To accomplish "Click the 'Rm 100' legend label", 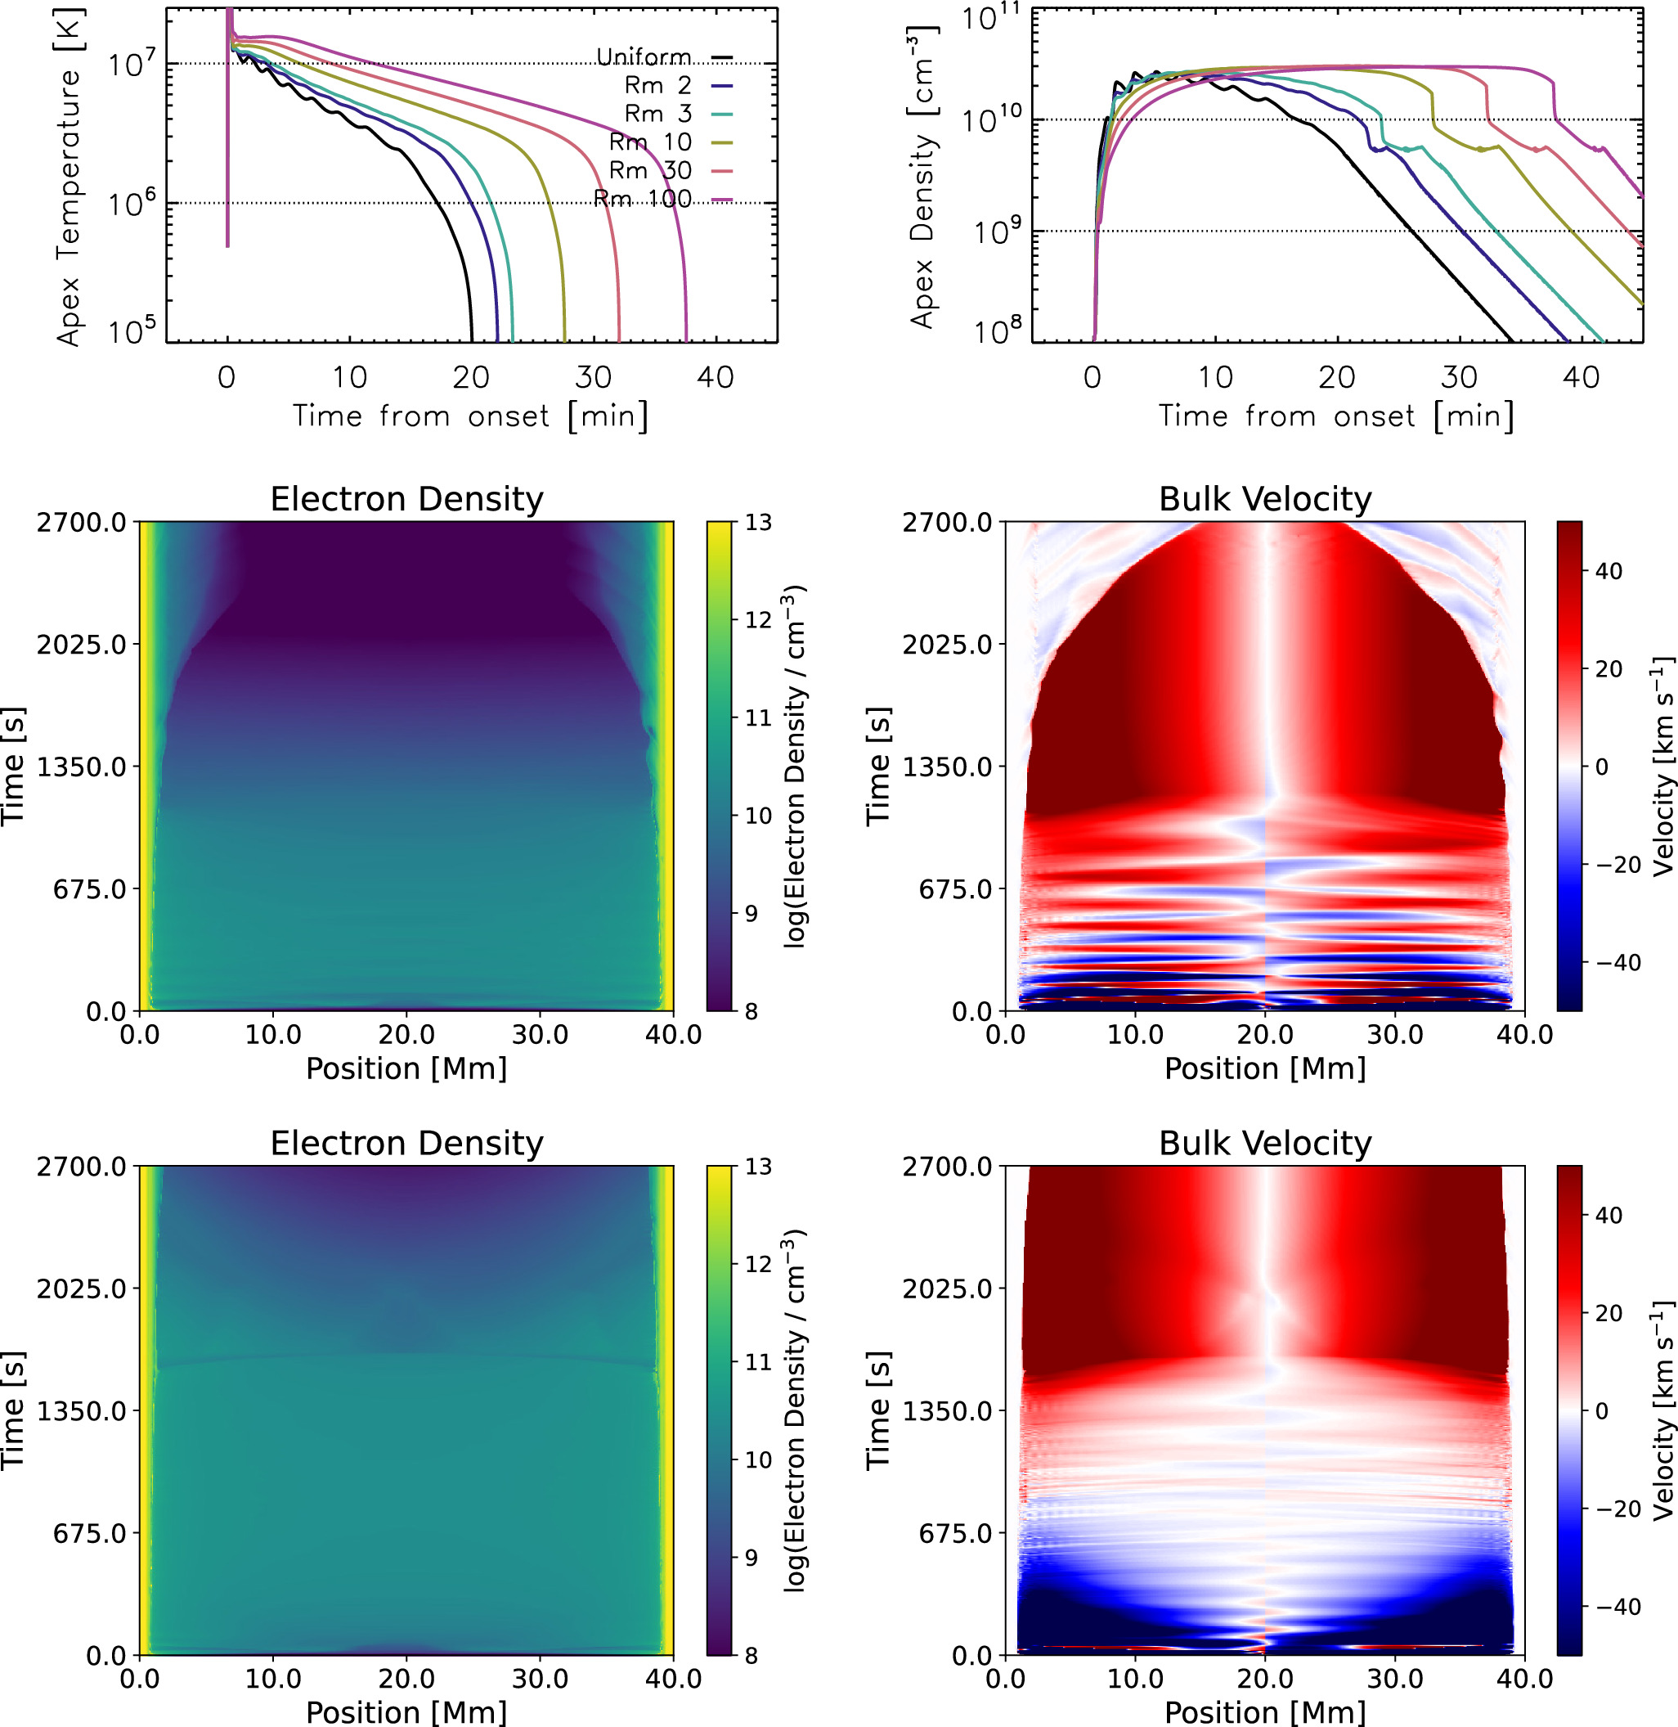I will tap(643, 198).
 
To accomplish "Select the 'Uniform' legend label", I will tap(644, 57).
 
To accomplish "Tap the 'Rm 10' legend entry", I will tap(650, 142).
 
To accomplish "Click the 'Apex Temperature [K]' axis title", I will tap(69, 177).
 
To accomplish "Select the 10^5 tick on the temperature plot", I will tap(132, 331).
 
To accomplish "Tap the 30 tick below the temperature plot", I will tap(593, 377).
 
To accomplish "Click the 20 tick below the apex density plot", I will tap(1337, 377).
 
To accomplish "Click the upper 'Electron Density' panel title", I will tap(406, 499).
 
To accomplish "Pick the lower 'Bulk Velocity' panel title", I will tap(1265, 1144).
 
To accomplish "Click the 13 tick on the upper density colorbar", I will tap(758, 523).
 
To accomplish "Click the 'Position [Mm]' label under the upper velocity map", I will tap(1265, 1068).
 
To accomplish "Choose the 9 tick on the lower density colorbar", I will tap(751, 1558).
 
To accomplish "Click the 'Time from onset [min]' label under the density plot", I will tap(1335, 416).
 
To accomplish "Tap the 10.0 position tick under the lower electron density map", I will tap(272, 1679).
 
